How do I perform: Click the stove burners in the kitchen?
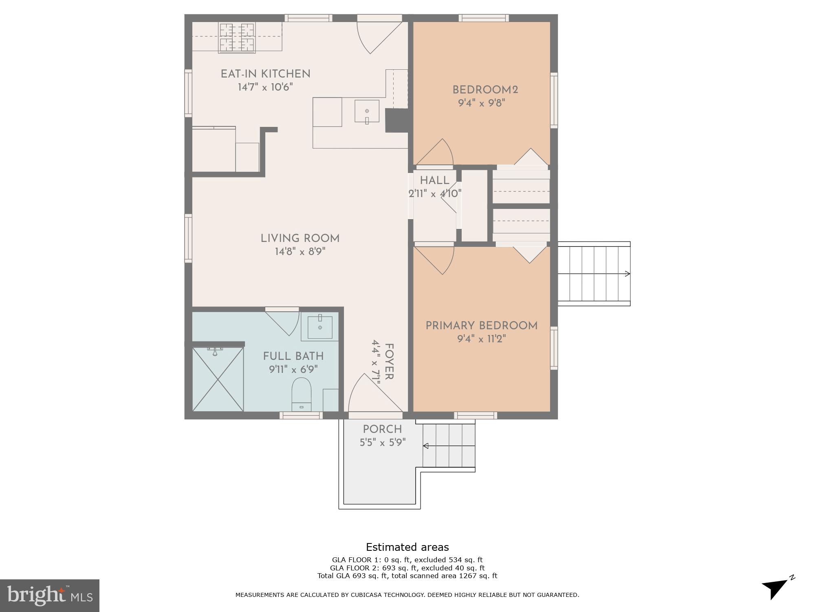(x=237, y=38)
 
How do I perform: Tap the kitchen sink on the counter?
(x=367, y=111)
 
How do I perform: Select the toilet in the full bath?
(x=302, y=394)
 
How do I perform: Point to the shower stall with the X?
(x=218, y=379)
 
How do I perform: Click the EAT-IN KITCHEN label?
(x=265, y=74)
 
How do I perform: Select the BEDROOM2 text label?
(x=485, y=90)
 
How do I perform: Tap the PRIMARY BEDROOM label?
(x=481, y=326)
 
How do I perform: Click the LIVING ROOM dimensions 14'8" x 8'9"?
(x=300, y=252)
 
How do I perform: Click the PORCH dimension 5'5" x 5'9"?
(x=382, y=443)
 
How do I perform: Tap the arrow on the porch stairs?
(x=426, y=446)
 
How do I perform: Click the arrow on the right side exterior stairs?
(x=627, y=274)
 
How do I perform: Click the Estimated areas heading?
(x=407, y=547)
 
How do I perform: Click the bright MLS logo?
(x=49, y=595)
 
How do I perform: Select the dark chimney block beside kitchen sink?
(x=396, y=120)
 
